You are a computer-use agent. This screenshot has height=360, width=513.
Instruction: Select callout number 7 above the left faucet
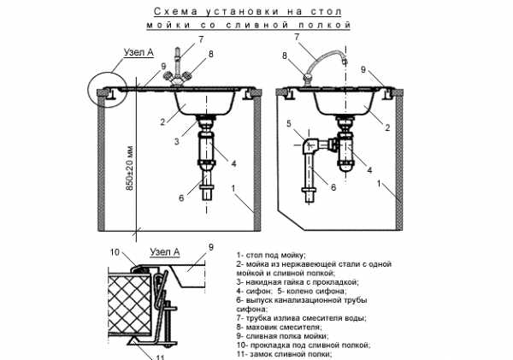(201, 39)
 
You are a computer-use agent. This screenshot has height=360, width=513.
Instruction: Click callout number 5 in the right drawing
(291, 123)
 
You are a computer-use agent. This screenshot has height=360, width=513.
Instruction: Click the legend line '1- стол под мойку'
(272, 255)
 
